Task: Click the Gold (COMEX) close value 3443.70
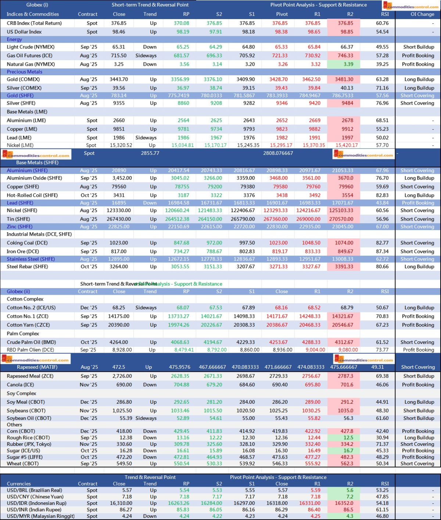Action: click(119, 79)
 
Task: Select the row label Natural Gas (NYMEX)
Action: click(31, 64)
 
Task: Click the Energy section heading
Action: click(14, 39)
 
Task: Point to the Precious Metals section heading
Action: click(24, 72)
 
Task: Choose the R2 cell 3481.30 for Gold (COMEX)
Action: click(344, 79)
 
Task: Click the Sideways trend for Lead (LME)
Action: click(146, 138)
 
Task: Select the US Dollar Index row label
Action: click(24, 32)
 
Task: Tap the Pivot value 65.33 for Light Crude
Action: click(280, 47)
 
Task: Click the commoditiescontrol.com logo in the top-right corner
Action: click(410, 6)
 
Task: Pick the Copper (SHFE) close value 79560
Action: click(119, 187)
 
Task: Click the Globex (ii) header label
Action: click(18, 291)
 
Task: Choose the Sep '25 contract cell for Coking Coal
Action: click(89, 243)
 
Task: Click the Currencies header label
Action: click(19, 484)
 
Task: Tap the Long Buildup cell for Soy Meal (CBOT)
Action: click(419, 402)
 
